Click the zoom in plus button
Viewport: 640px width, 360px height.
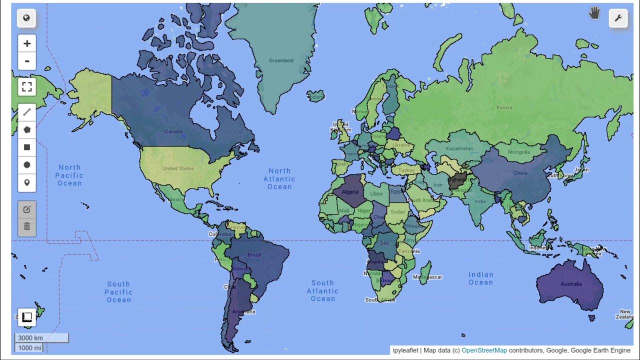click(27, 43)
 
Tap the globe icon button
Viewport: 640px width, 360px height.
click(26, 18)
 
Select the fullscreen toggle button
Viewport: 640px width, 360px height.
click(27, 86)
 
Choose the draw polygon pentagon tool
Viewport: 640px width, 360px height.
click(27, 129)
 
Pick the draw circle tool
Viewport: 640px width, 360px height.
click(27, 164)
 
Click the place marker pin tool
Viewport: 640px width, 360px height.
click(27, 182)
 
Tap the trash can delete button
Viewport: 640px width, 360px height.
click(27, 226)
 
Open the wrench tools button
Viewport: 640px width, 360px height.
click(617, 18)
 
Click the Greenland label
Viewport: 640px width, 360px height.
click(281, 60)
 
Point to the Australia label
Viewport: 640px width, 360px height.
click(571, 284)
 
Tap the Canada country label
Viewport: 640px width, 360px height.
click(173, 131)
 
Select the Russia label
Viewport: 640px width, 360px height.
click(504, 107)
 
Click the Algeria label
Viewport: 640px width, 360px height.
click(350, 192)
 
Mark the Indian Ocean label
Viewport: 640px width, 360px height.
click(480, 278)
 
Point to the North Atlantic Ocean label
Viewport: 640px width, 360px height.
click(279, 178)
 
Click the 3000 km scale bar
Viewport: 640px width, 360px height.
click(41, 338)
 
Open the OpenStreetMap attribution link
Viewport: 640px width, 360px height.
click(484, 350)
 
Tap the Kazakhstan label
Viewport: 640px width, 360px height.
click(459, 148)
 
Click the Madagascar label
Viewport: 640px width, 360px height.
click(428, 277)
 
